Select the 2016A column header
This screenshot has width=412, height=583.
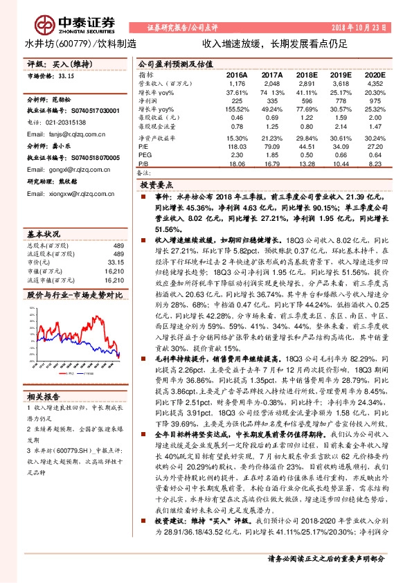[237, 73]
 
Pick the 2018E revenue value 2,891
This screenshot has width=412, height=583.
[305, 82]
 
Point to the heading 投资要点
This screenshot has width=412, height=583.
[155, 186]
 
